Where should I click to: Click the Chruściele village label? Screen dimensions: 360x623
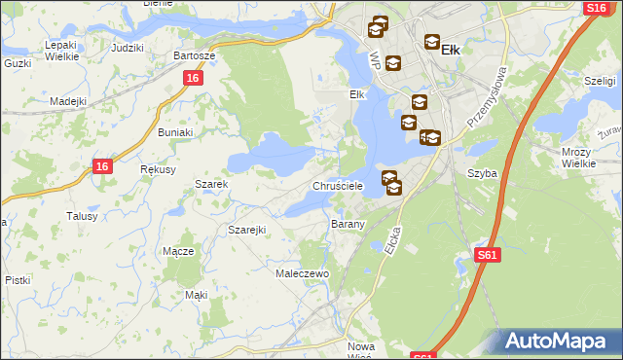tap(337, 185)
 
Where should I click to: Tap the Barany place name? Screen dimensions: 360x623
tap(348, 224)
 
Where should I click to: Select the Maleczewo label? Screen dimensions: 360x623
tap(304, 274)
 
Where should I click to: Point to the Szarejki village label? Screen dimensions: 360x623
tap(247, 230)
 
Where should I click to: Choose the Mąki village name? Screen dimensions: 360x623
tap(196, 294)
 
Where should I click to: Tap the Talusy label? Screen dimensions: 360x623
tap(82, 216)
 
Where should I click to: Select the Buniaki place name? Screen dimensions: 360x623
tap(175, 131)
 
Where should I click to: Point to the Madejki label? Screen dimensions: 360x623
tap(68, 101)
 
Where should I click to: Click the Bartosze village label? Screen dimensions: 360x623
tap(194, 55)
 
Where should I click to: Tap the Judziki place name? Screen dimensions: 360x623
tap(128, 47)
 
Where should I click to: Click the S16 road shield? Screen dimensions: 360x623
tap(597, 8)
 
